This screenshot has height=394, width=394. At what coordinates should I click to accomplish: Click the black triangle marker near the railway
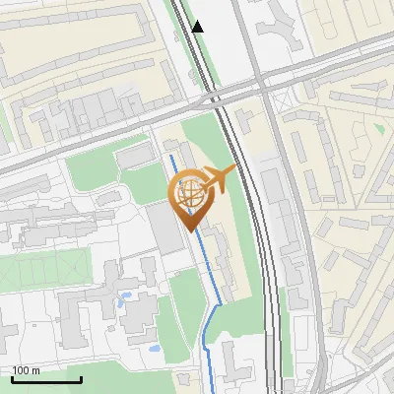[198, 27]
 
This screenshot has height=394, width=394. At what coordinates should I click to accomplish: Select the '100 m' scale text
[27, 370]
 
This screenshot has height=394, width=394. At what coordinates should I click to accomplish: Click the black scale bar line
[45, 379]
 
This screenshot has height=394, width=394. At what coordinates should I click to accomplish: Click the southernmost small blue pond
[154, 348]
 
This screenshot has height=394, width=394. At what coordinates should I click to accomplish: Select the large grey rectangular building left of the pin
[165, 229]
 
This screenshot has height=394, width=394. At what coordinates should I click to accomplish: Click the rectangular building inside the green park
[132, 158]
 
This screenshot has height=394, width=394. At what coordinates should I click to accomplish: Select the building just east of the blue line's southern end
[234, 362]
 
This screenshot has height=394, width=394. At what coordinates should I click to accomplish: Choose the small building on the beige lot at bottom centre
[184, 379]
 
